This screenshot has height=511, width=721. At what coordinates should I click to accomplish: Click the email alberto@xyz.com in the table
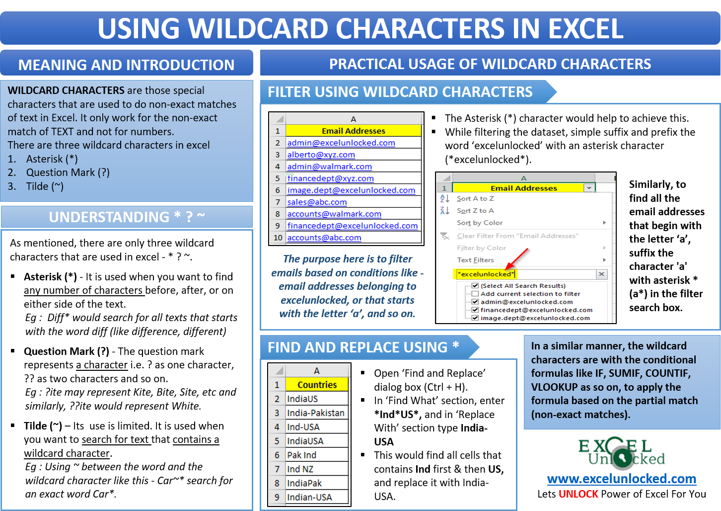[321, 155]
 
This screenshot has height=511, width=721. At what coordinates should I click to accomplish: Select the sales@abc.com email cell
[317, 202]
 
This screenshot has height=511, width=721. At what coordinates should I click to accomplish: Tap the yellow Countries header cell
[317, 385]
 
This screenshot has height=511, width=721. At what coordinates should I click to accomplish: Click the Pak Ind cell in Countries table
[301, 455]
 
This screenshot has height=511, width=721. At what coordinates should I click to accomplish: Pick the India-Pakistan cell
[315, 413]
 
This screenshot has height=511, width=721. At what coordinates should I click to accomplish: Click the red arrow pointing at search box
[518, 258]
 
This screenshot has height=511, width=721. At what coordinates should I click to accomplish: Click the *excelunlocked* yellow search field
[524, 274]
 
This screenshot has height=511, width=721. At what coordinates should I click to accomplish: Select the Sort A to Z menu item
[475, 198]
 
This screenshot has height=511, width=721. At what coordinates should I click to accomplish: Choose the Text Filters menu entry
[475, 259]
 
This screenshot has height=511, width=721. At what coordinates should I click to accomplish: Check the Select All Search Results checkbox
[475, 286]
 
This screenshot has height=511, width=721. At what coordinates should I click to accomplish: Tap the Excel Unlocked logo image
[621, 453]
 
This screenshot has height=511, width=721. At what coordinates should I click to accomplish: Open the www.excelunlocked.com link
[621, 479]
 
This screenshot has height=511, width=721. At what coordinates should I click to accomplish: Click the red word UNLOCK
[578, 494]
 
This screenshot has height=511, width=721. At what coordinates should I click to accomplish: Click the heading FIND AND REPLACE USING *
[363, 347]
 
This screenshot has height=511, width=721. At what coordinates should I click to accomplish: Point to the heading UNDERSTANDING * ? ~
[127, 217]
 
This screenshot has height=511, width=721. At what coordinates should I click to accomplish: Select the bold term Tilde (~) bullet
[43, 426]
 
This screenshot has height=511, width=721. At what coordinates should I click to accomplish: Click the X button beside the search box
[601, 274]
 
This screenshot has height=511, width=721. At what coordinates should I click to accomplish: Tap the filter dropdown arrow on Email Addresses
[589, 188]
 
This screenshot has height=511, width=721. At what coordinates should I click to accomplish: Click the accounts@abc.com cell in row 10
[324, 238]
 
